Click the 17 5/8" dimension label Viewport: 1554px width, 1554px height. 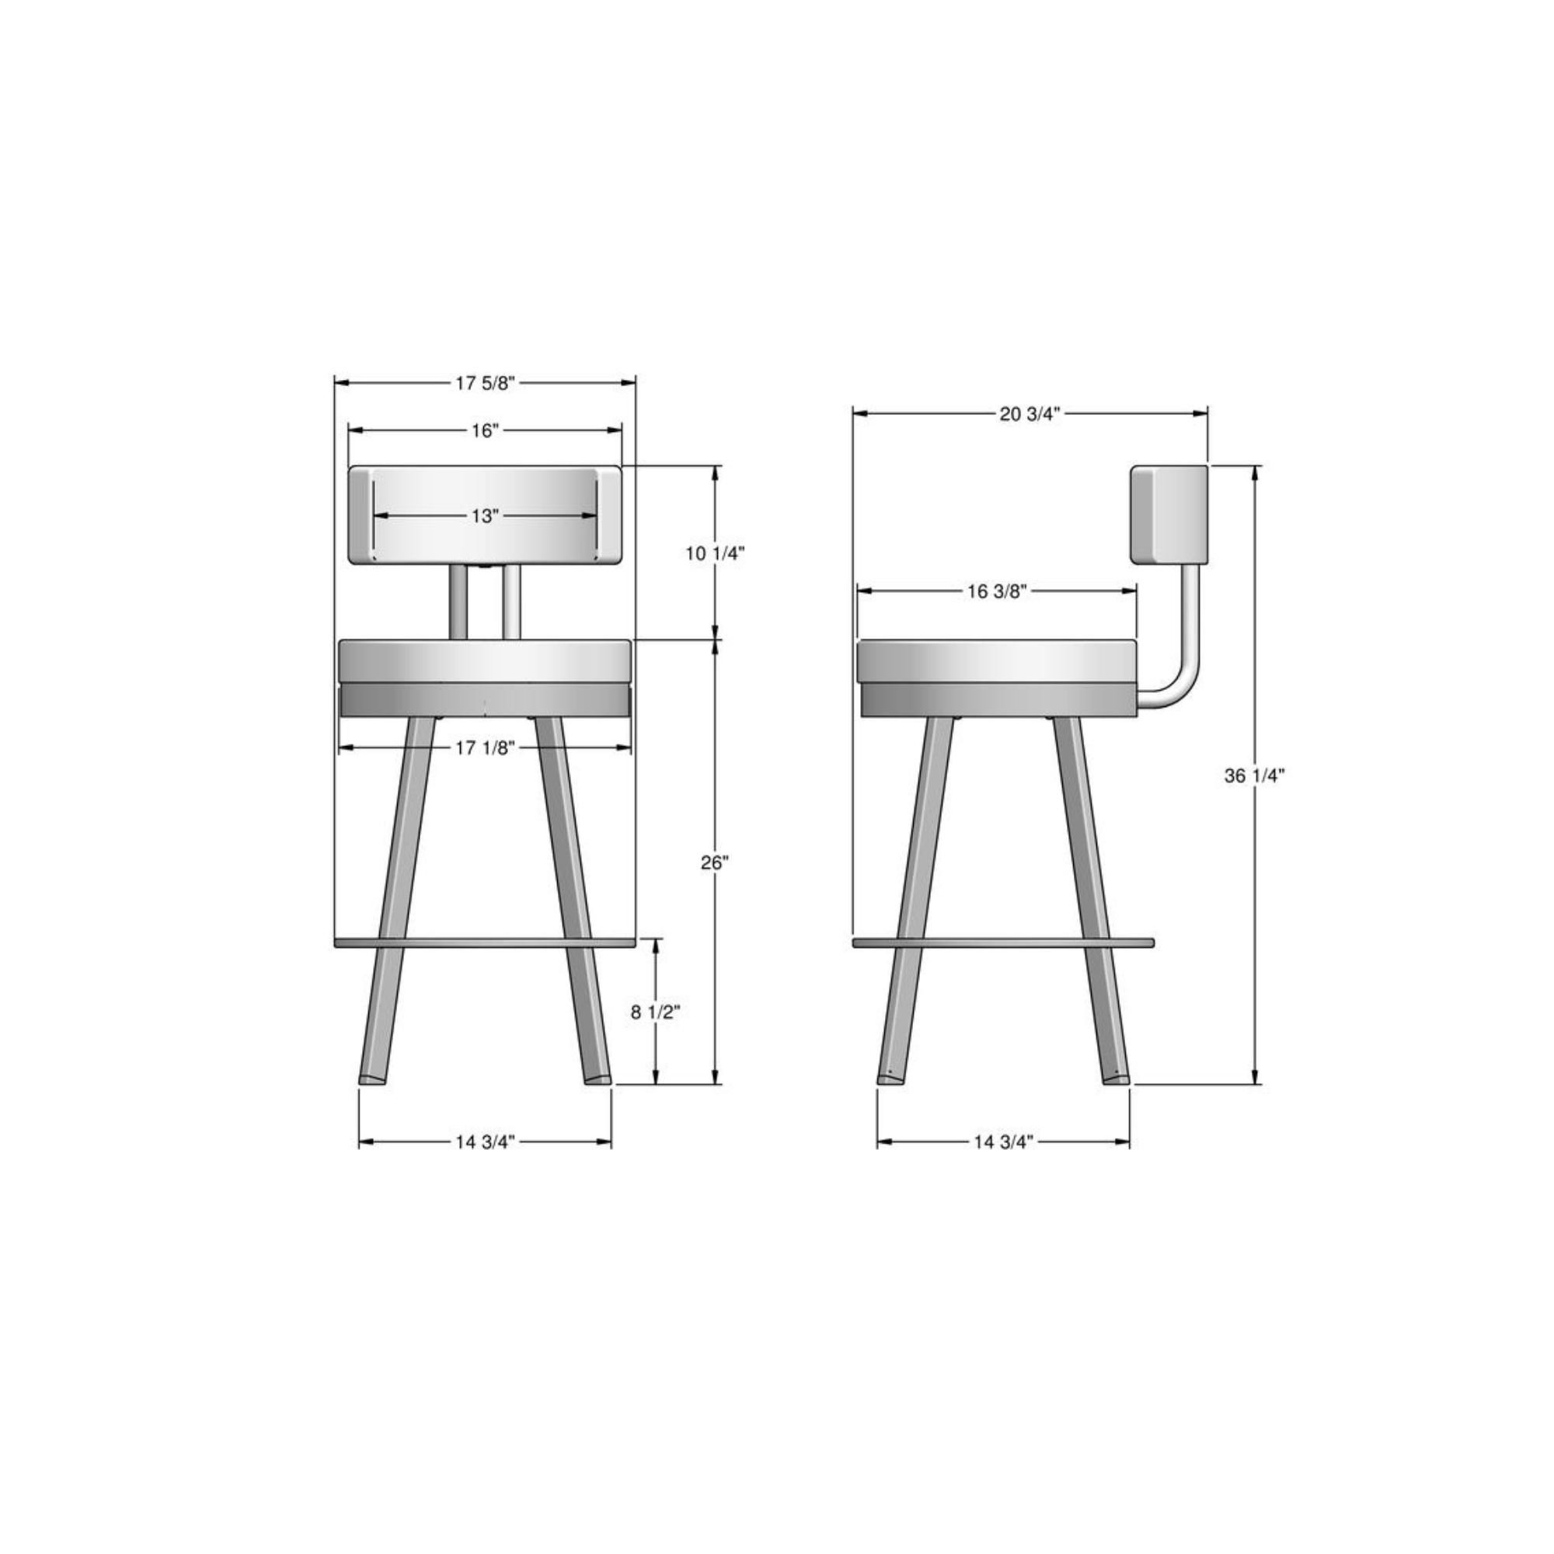(484, 383)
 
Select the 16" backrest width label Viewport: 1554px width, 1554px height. (484, 431)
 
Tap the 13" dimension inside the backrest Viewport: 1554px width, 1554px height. (484, 516)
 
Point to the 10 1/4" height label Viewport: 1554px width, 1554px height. (715, 553)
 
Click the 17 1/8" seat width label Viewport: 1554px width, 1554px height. (484, 748)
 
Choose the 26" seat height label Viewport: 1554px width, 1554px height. (714, 863)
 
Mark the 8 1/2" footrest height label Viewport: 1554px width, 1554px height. (655, 1012)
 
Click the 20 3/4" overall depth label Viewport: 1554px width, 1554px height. (1030, 414)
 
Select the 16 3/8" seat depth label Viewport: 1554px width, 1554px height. (997, 592)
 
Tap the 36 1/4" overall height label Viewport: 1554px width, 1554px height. (1254, 776)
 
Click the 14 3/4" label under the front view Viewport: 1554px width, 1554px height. (484, 1142)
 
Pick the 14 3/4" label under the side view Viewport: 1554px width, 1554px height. (1002, 1142)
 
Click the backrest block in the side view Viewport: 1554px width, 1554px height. (1169, 514)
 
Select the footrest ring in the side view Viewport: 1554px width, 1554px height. (1002, 942)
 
